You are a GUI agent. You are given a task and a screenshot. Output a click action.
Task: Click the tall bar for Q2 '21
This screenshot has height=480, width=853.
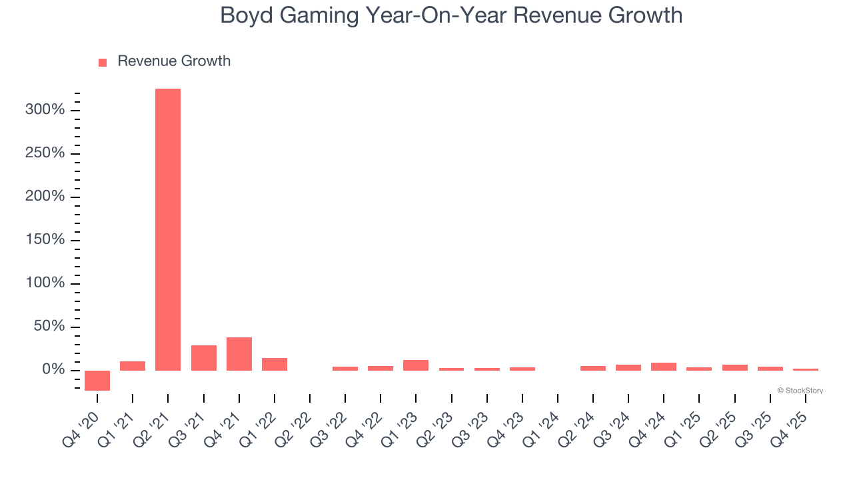pyautogui.click(x=168, y=229)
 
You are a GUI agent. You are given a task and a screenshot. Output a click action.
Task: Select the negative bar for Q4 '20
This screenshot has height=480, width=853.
pyautogui.click(x=97, y=380)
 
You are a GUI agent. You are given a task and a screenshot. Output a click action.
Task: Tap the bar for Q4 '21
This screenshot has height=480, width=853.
pyautogui.click(x=239, y=354)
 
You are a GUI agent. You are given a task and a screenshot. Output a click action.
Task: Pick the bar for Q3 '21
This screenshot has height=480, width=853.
pyautogui.click(x=204, y=358)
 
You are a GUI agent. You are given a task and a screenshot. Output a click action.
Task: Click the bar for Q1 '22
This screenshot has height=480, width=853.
pyautogui.click(x=275, y=364)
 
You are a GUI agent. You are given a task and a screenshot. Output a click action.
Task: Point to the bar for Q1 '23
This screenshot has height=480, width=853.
pyautogui.click(x=416, y=365)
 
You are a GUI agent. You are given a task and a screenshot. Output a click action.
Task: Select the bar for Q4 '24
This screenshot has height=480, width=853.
pyautogui.click(x=664, y=367)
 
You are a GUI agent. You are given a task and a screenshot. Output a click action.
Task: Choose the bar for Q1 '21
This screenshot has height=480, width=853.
pyautogui.click(x=133, y=366)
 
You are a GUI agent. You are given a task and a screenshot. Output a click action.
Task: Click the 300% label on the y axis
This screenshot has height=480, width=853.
pyautogui.click(x=45, y=110)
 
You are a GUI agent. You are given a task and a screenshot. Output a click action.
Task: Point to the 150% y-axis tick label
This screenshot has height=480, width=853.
pyautogui.click(x=45, y=240)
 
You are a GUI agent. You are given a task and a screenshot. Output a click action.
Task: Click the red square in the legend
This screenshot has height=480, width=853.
pyautogui.click(x=103, y=62)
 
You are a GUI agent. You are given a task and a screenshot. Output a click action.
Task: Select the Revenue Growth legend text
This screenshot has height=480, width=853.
pyautogui.click(x=174, y=61)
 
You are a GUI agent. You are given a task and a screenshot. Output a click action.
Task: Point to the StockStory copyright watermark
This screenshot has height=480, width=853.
pyautogui.click(x=800, y=391)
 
